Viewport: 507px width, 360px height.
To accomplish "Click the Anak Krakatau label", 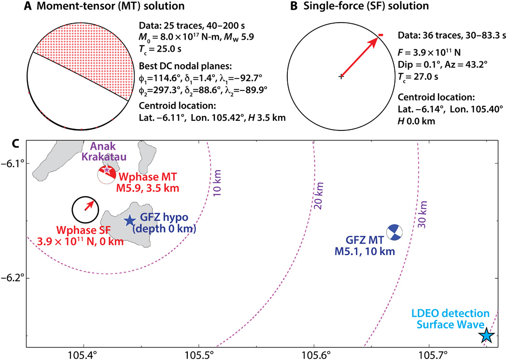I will point(105,153).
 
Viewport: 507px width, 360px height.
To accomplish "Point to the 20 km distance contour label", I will point(318,200).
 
